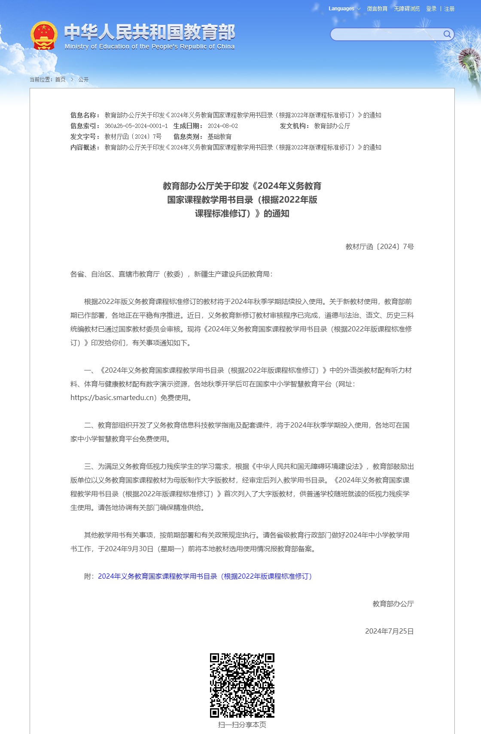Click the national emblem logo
(44, 35)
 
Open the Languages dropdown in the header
(344, 9)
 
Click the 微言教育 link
(377, 9)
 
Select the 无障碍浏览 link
(407, 9)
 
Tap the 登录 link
(431, 9)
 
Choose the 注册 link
(449, 9)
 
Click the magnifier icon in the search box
(447, 34)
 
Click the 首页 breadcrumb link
(60, 79)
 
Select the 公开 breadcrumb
(83, 79)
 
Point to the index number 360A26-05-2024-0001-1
(136, 126)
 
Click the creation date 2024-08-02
(222, 126)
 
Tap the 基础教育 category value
(219, 136)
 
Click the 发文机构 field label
(294, 126)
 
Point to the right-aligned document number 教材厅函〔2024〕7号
(380, 246)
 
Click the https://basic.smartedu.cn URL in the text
(113, 397)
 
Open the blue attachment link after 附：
(205, 576)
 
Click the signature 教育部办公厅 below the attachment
(393, 604)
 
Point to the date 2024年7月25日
(389, 631)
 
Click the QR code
(242, 685)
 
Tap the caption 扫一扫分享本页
(242, 725)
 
